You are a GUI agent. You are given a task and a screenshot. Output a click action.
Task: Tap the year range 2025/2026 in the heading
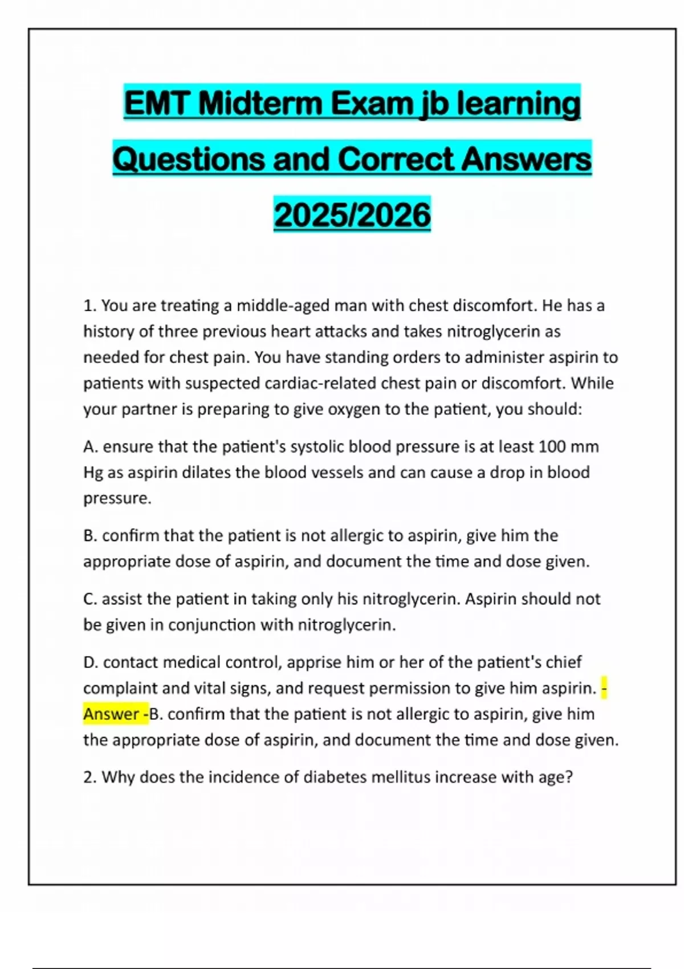pyautogui.click(x=352, y=215)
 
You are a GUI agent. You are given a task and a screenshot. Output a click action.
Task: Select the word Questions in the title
pyautogui.click(x=189, y=160)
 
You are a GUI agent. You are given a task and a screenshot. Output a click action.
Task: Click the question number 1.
pyautogui.click(x=89, y=306)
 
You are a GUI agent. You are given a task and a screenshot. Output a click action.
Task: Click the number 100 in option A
pyautogui.click(x=551, y=447)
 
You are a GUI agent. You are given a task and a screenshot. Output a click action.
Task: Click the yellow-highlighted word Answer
pyautogui.click(x=111, y=714)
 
